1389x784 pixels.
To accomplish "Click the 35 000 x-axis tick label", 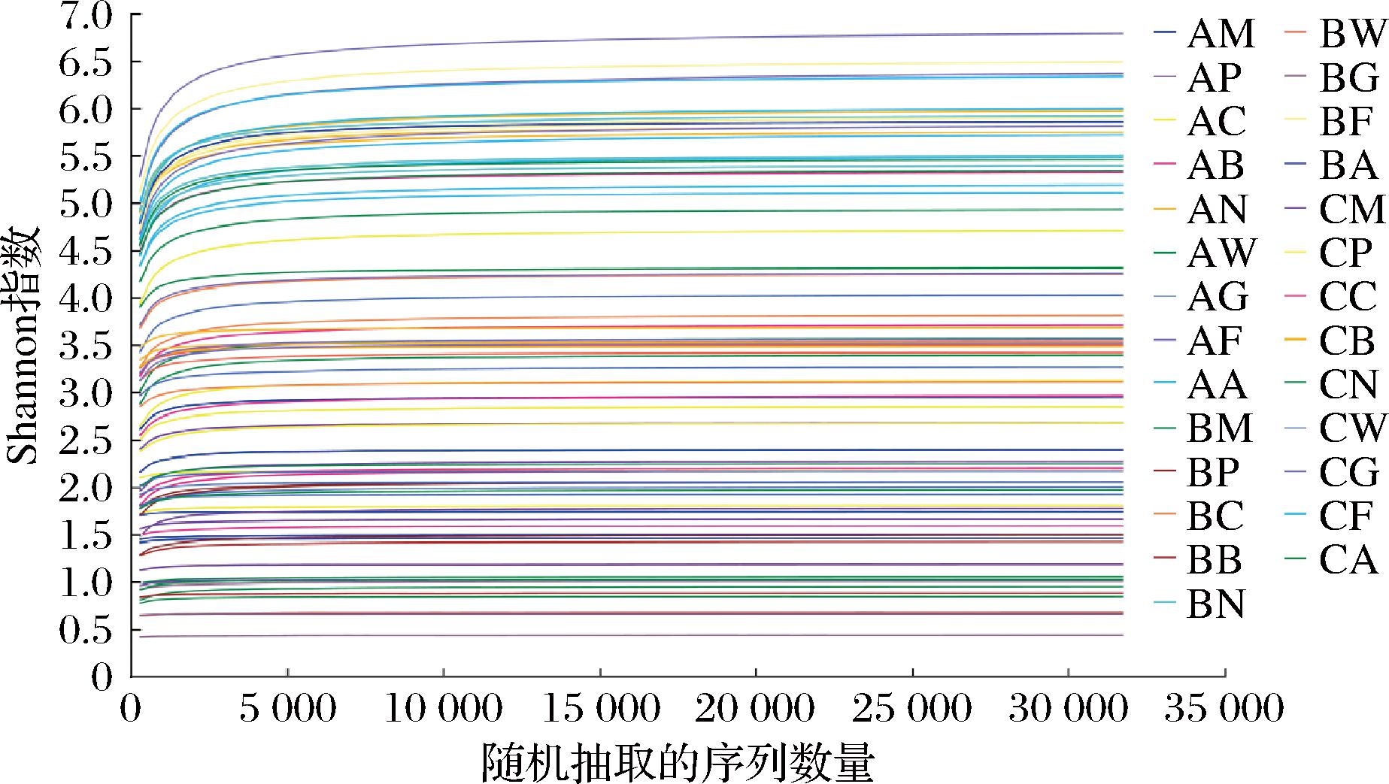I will coord(1224,708).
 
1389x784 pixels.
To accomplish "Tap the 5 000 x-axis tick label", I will coord(288,708).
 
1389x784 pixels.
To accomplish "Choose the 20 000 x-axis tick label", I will coord(756,708).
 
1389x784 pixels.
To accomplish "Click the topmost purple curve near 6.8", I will coord(677,38).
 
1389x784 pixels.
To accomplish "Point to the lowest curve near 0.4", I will coord(677,635).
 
